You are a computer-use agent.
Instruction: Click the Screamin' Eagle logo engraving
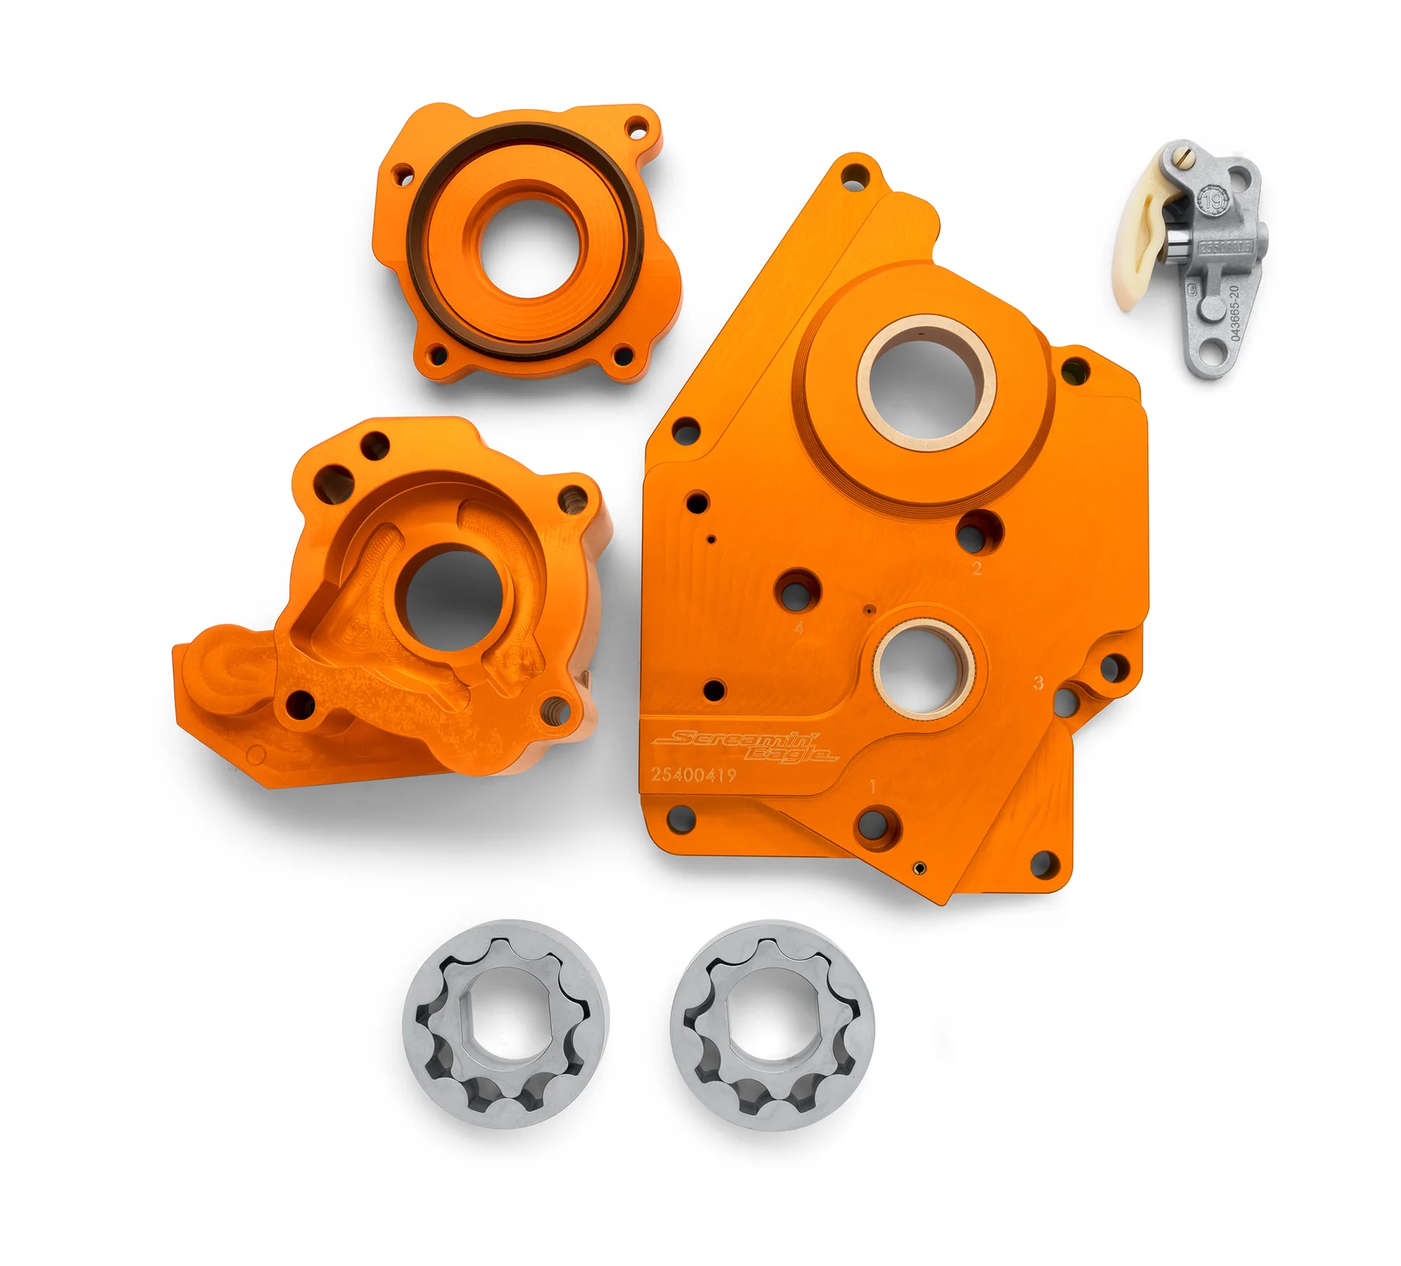pos(746,747)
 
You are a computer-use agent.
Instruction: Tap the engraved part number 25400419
pos(693,775)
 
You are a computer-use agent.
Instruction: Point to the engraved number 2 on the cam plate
pos(977,569)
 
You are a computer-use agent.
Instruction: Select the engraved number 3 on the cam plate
pos(1038,683)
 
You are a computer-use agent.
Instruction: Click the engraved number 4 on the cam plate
pos(799,627)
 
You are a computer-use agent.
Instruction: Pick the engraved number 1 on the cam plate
pos(873,786)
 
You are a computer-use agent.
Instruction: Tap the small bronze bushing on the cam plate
pos(924,667)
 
